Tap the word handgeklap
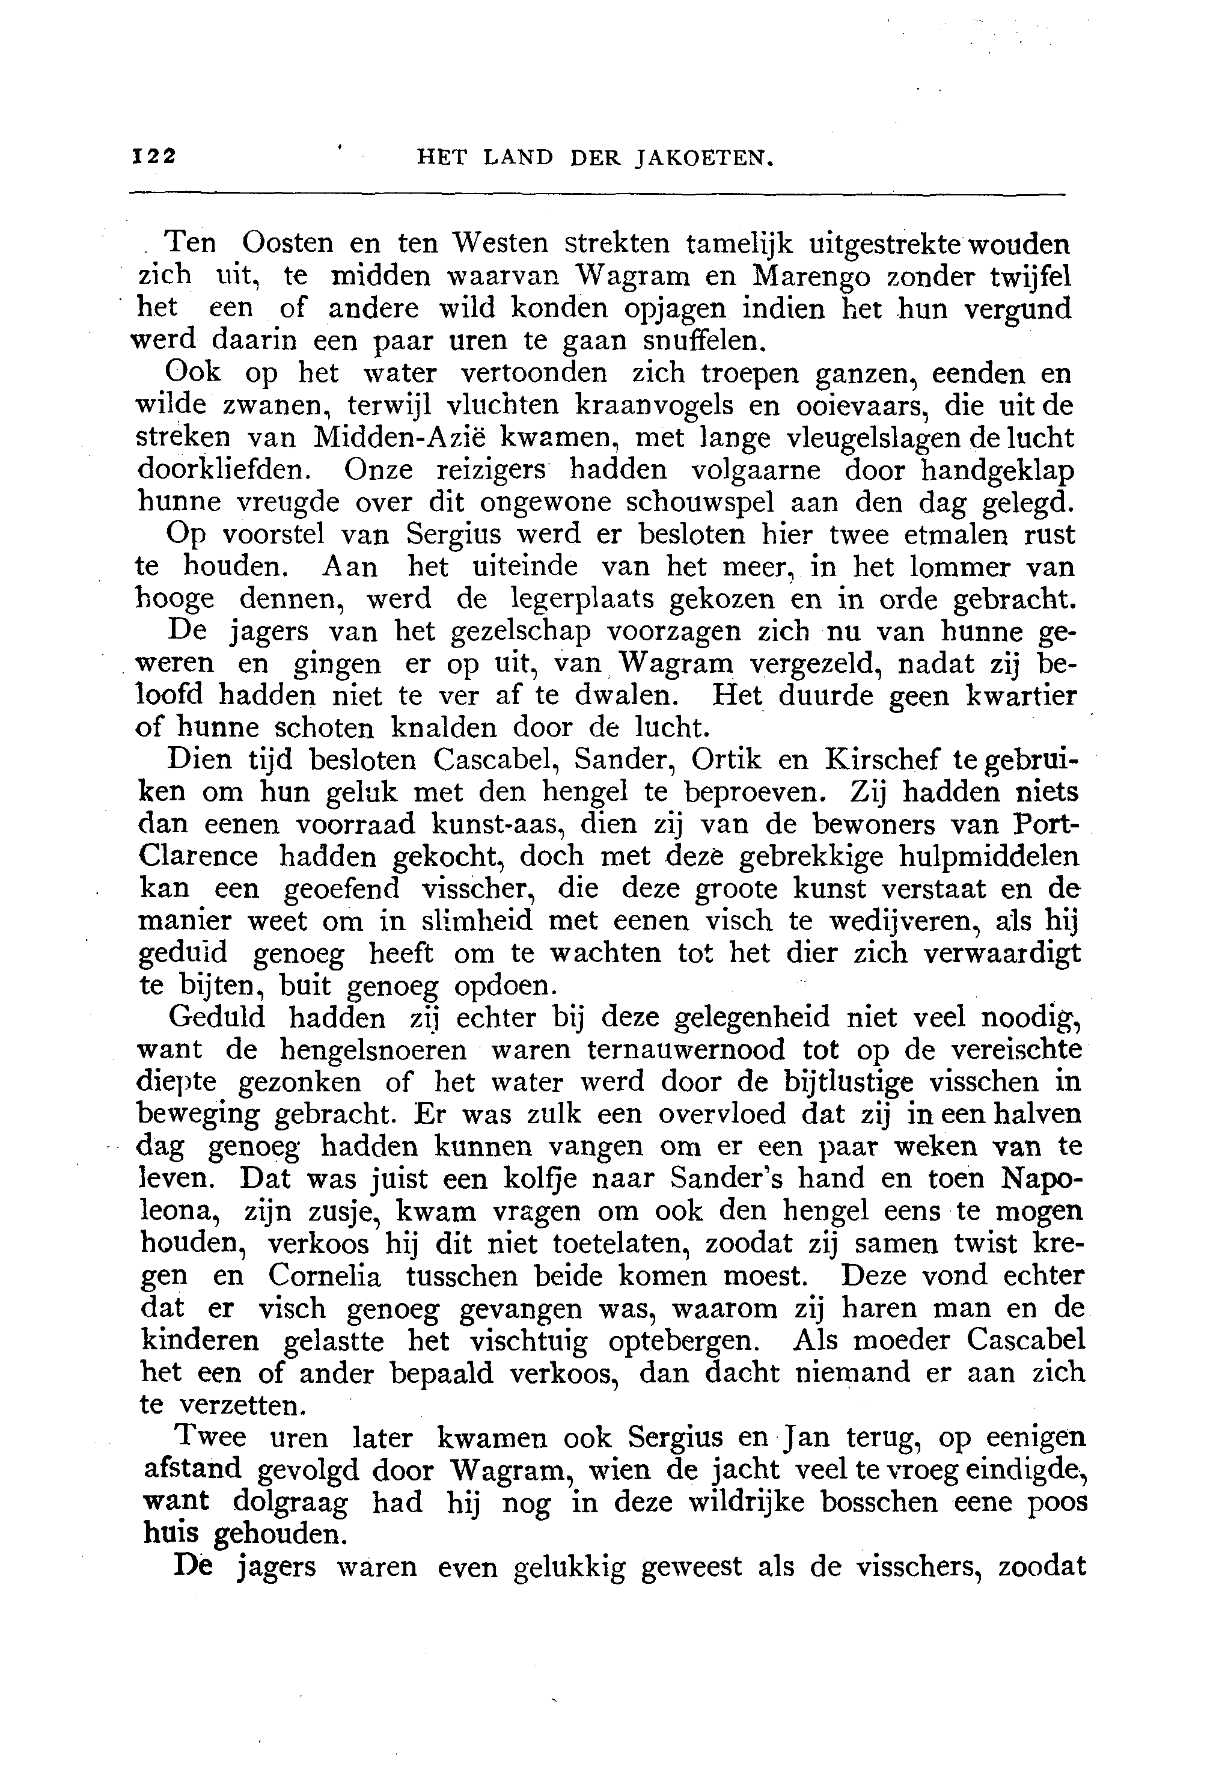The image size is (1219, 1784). (997, 469)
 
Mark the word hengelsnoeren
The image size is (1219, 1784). (372, 1049)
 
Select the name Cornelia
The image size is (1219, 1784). (325, 1275)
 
